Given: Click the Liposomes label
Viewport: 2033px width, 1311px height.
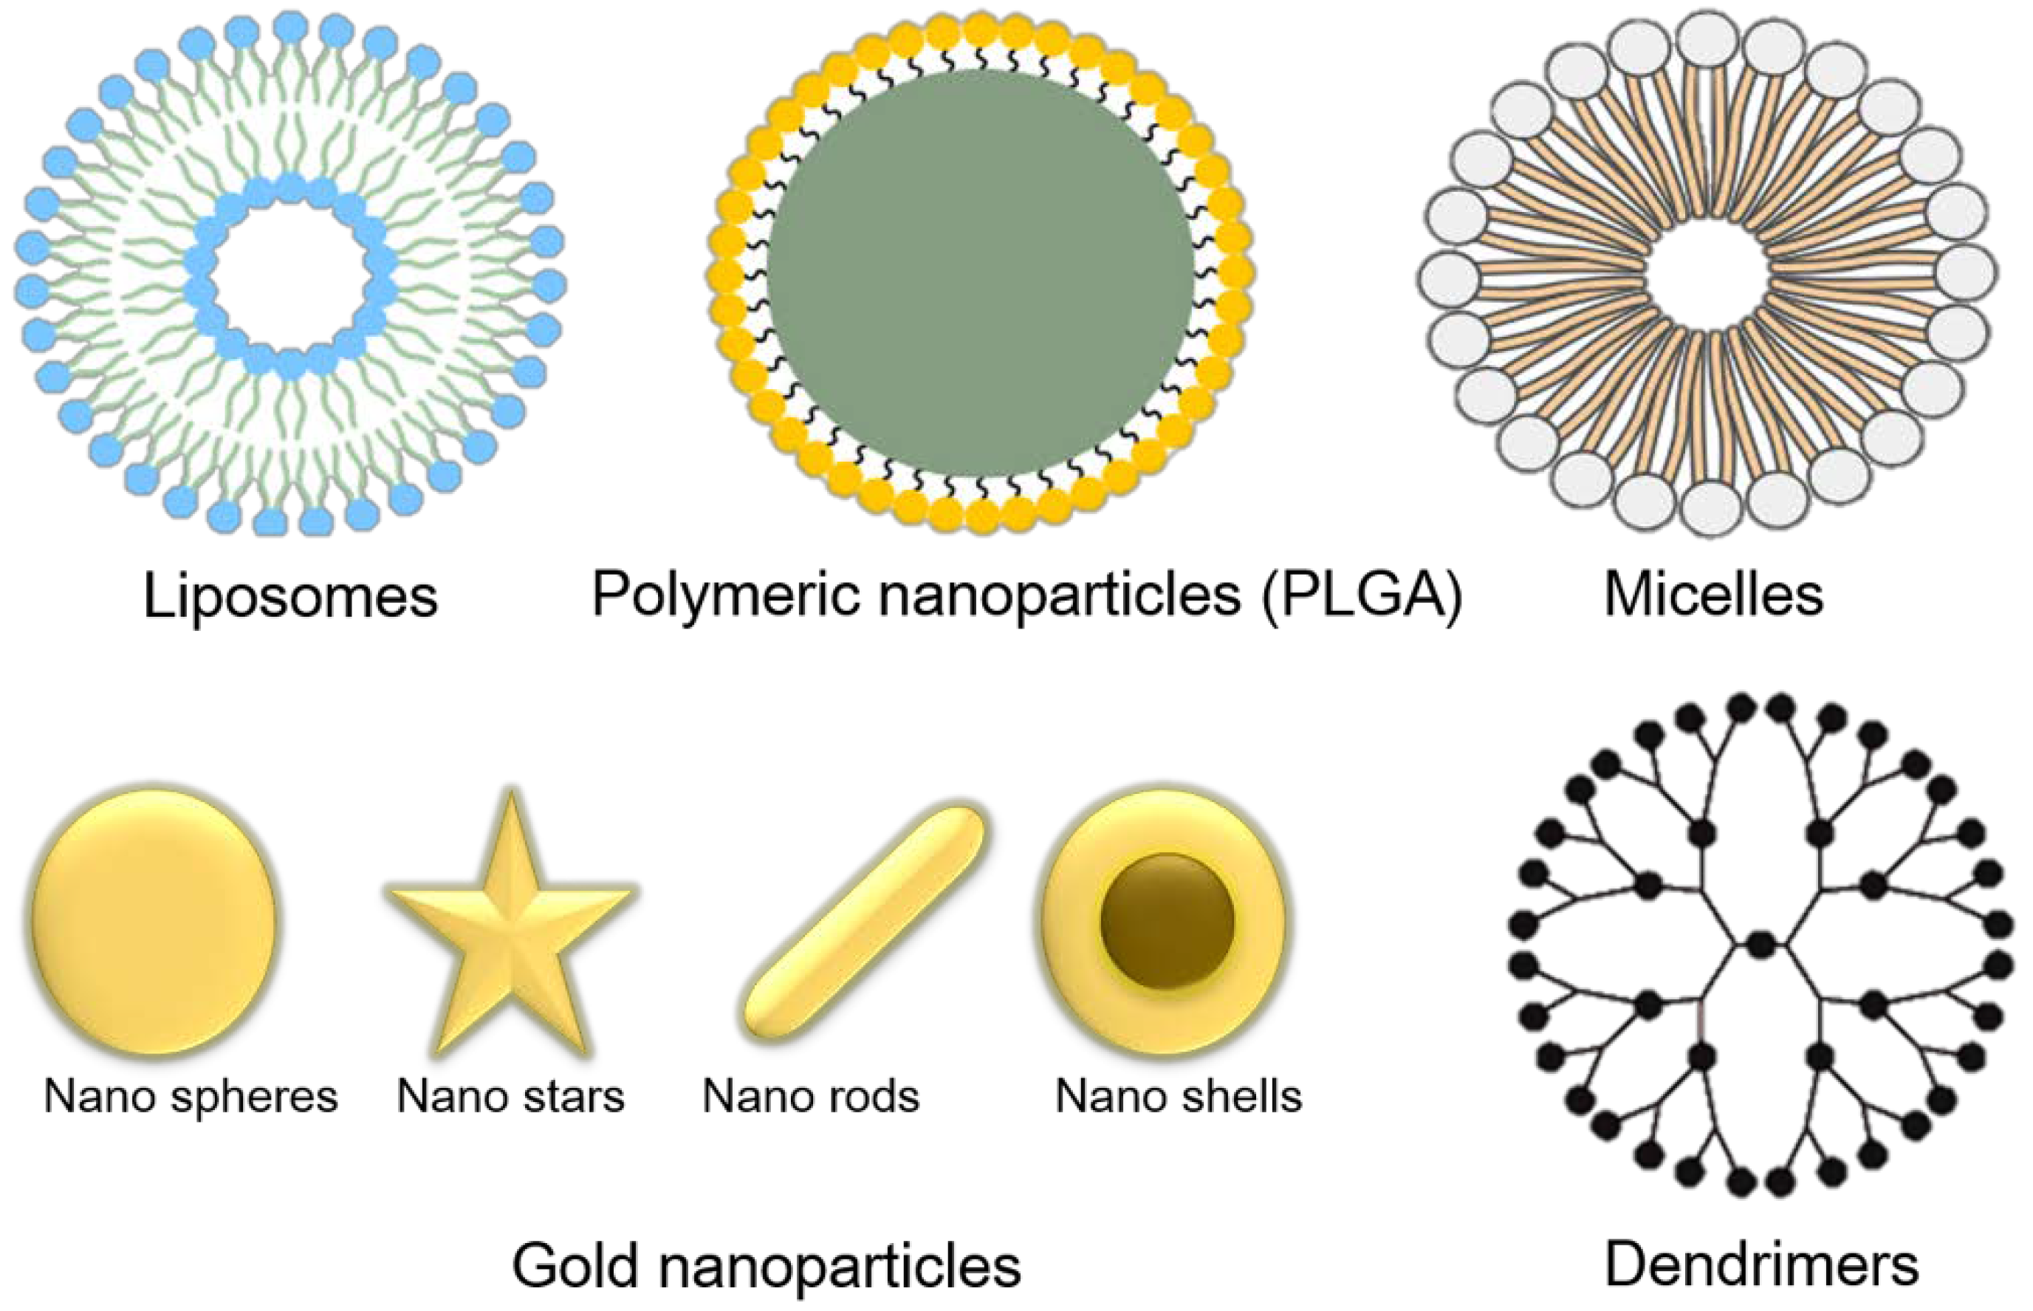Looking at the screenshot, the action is click(290, 596).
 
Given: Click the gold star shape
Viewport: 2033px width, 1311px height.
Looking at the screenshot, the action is click(510, 928).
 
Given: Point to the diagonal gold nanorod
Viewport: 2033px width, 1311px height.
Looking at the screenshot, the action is click(864, 922).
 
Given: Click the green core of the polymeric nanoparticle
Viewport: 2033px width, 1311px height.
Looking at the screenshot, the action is click(981, 273).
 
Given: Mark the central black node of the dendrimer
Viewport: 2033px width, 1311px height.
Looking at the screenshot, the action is click(1760, 944).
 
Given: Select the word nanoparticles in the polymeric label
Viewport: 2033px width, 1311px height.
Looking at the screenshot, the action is click(1060, 595).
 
